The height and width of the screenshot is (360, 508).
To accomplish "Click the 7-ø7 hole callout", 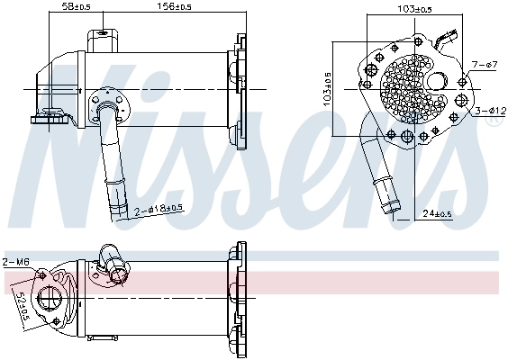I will pos(485,65).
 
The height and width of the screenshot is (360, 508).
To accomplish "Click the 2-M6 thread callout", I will pos(15,262).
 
